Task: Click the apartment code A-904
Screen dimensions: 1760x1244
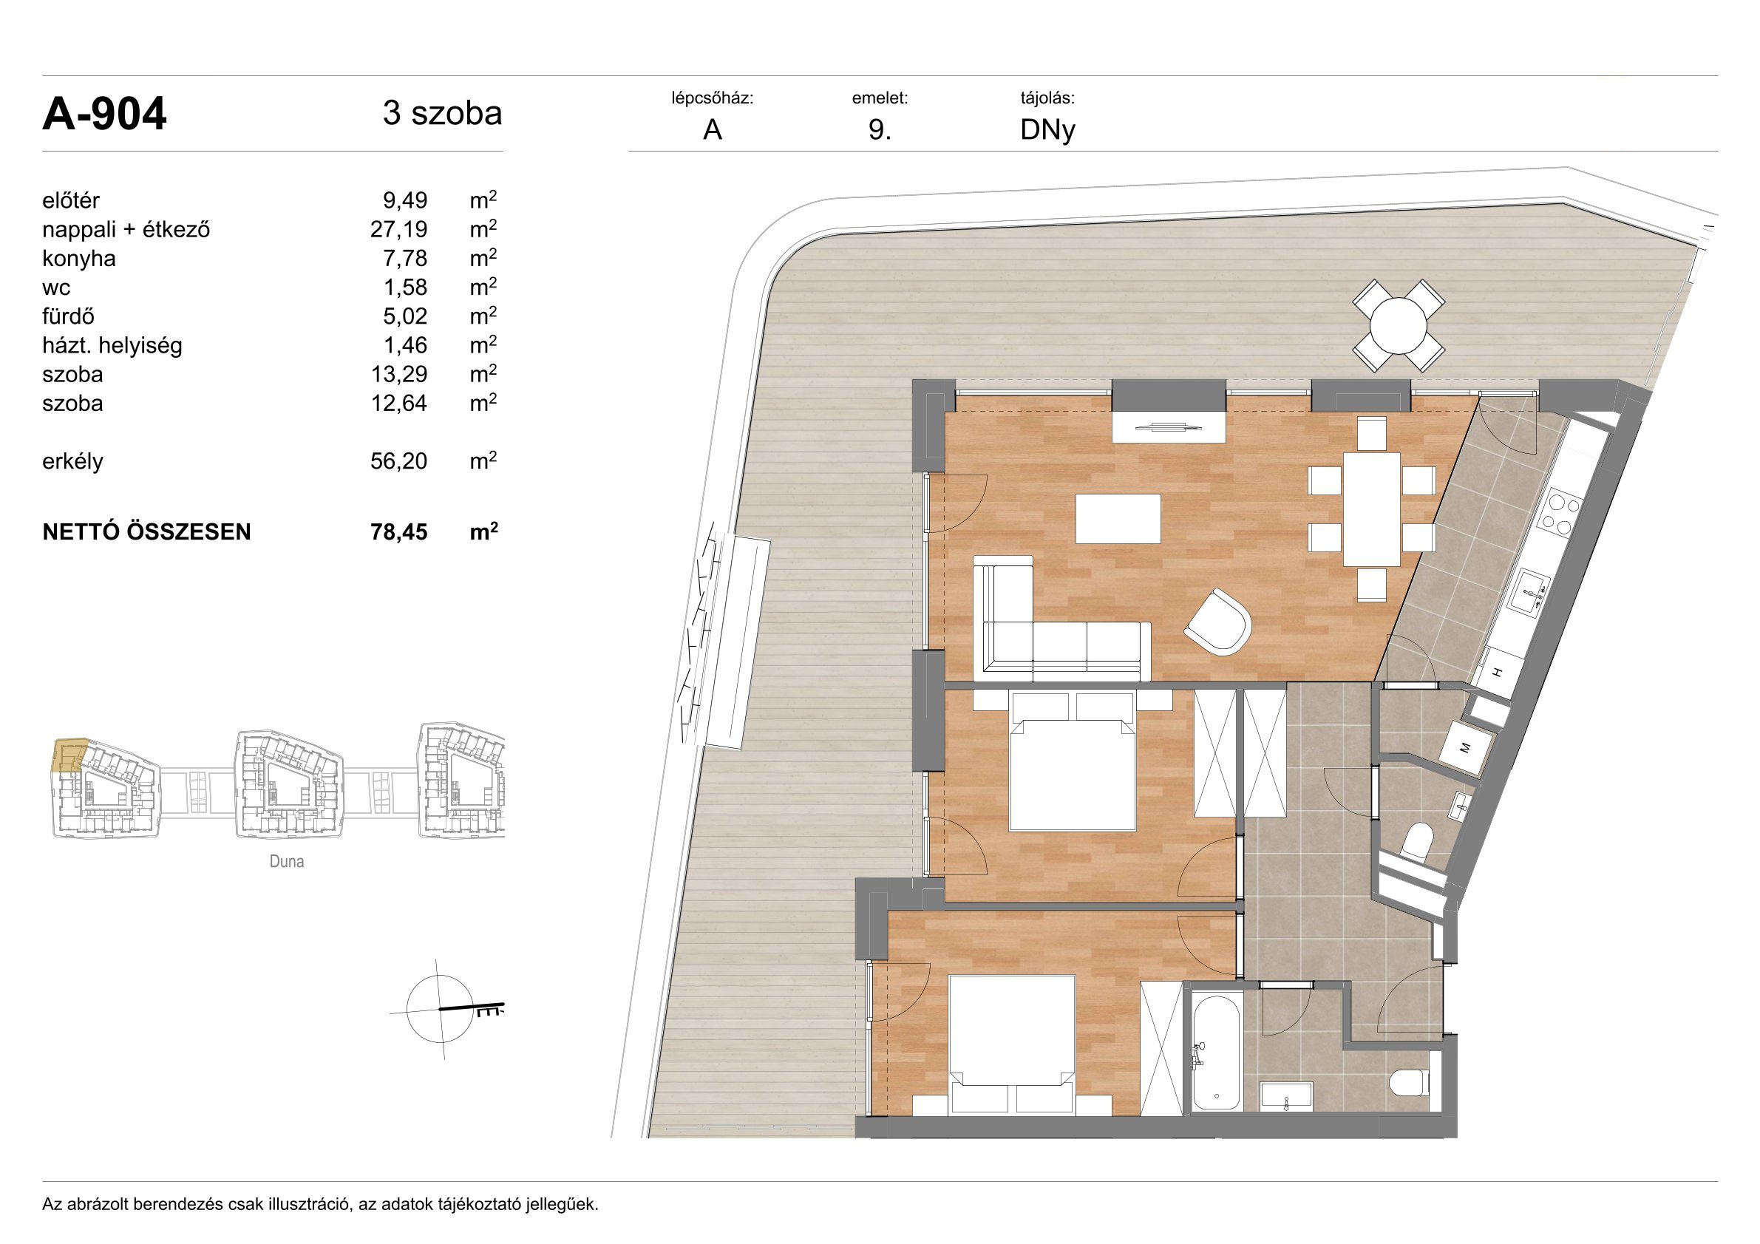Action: pos(104,115)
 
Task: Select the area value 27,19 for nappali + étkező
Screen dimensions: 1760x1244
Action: pos(398,230)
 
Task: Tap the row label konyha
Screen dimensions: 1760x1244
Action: pos(79,259)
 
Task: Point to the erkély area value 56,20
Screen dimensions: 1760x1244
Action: pos(398,461)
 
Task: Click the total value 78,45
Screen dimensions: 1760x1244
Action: pos(398,532)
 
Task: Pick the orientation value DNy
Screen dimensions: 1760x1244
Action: pos(1047,131)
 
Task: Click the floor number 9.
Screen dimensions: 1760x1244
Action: pos(879,130)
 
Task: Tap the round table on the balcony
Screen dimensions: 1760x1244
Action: pos(1399,326)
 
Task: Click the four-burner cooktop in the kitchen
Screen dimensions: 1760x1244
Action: pos(1561,512)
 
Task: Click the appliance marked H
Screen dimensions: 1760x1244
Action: pos(1498,671)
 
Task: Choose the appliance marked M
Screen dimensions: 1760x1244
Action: pos(1467,747)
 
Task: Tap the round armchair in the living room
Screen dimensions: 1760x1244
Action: pos(1218,622)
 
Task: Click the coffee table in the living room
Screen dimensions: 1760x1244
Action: pos(1118,519)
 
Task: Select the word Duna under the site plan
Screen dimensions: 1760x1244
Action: pos(287,862)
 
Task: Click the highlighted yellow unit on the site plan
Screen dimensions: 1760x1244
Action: pos(69,755)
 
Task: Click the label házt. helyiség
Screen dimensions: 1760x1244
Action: pos(112,346)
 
